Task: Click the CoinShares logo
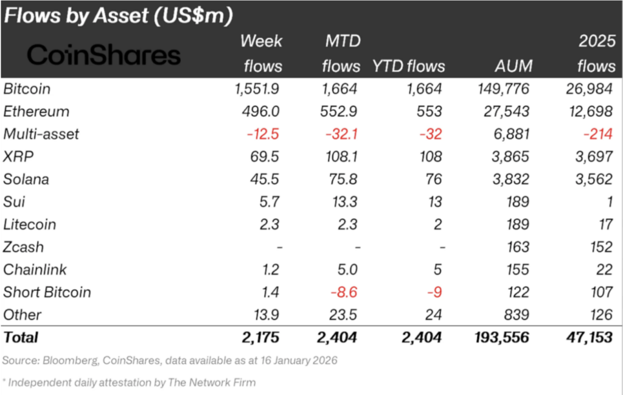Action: (x=104, y=55)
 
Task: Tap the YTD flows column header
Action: (x=409, y=66)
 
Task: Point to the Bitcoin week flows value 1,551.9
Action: (x=256, y=89)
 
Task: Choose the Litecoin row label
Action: (x=30, y=224)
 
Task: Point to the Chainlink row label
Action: (x=35, y=270)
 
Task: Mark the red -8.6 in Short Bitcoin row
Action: (x=344, y=292)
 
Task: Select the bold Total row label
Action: (x=21, y=337)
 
